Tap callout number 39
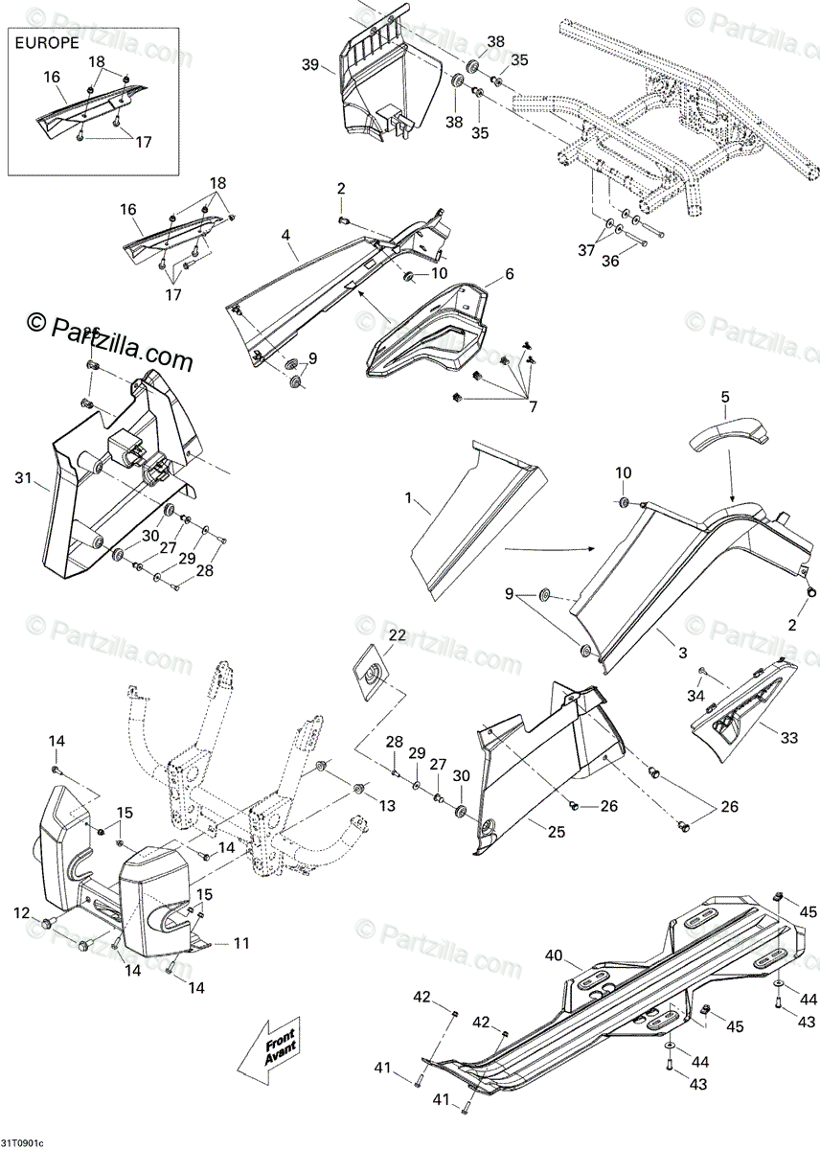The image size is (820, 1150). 309,64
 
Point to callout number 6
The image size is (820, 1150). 509,274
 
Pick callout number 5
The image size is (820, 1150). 725,396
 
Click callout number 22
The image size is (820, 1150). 397,634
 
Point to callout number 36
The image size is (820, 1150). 610,261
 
